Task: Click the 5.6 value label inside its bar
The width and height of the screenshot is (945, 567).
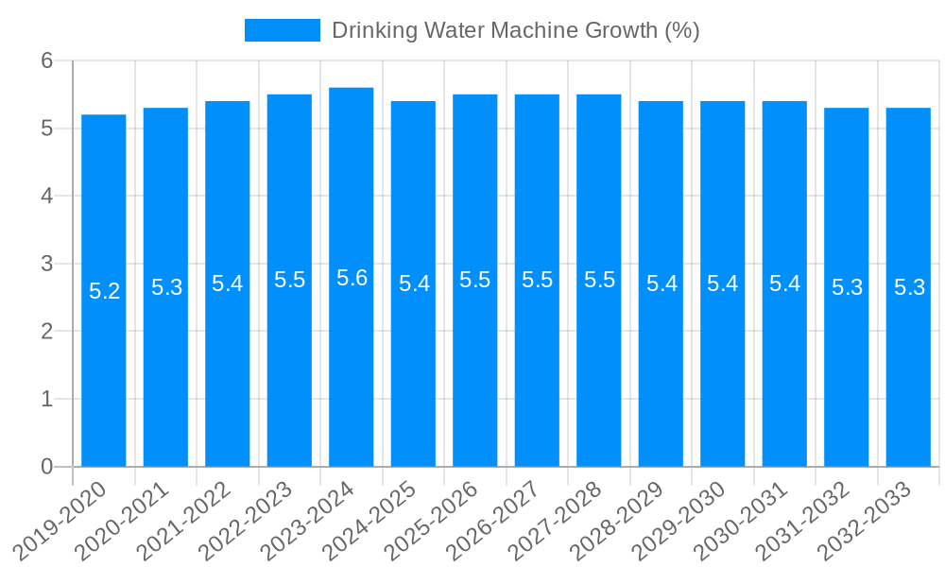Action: [352, 278]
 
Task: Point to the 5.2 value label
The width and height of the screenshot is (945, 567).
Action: [104, 291]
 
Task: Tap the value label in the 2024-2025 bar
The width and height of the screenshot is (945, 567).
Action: [414, 283]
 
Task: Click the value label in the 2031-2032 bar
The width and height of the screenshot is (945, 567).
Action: [847, 287]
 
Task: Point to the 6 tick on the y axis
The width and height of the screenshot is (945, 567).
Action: [48, 60]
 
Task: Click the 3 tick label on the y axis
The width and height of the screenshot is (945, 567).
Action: [48, 264]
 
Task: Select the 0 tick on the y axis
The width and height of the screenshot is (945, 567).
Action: [48, 467]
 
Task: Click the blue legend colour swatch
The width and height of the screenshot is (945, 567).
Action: [283, 30]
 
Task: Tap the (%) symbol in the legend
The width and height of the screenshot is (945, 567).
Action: [681, 30]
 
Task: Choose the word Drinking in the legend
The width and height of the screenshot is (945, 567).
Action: [375, 30]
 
